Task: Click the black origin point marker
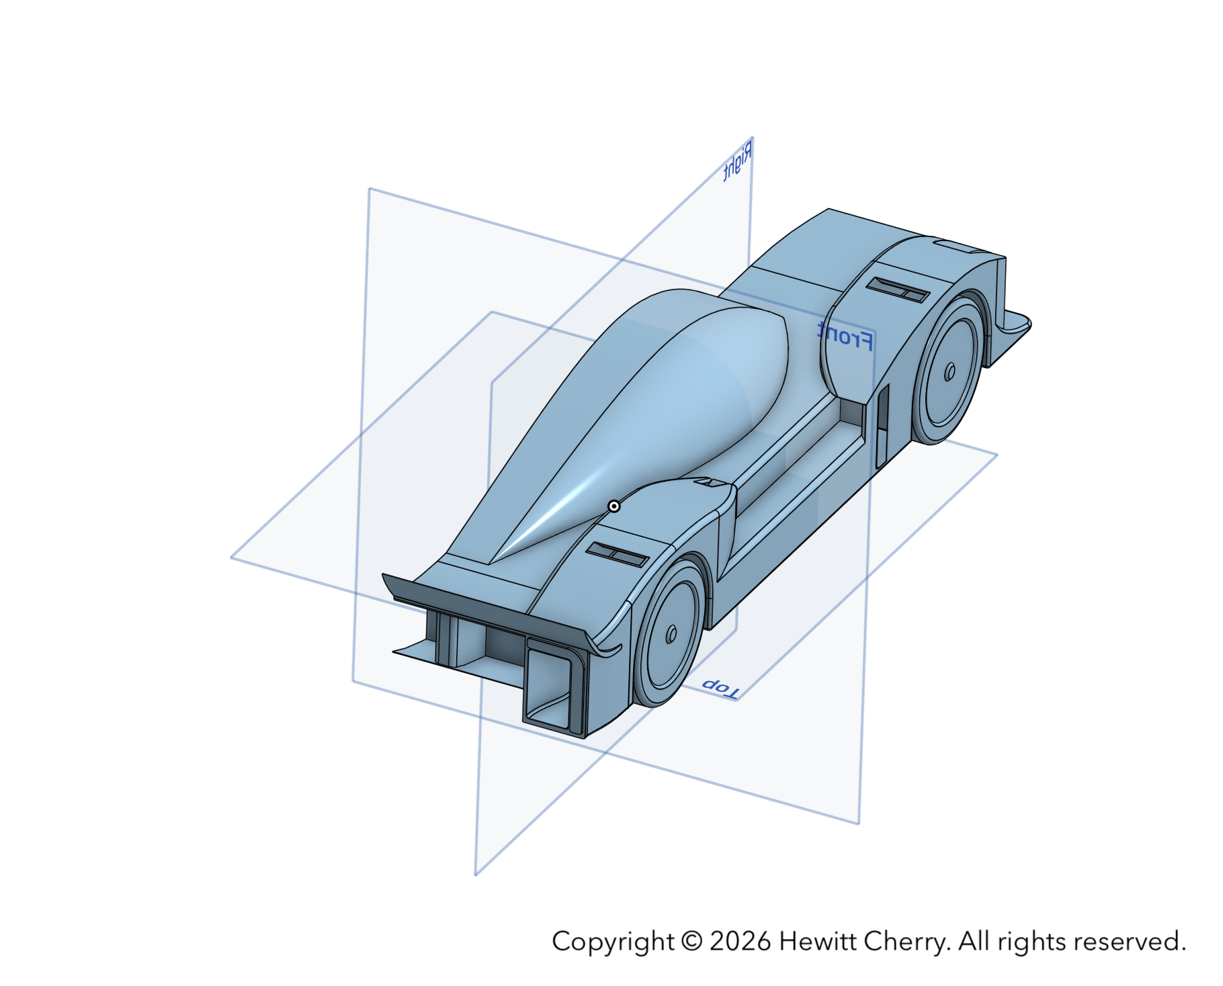(x=614, y=506)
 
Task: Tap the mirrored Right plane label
(x=738, y=162)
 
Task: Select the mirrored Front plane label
(x=845, y=336)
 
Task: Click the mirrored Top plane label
(x=720, y=688)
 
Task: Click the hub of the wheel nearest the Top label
(x=671, y=634)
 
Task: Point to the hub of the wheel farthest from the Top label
(x=950, y=371)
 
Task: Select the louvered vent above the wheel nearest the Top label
(x=617, y=554)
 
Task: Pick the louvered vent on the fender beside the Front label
(x=897, y=289)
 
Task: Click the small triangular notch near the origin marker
(x=706, y=482)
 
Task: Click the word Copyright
(x=612, y=942)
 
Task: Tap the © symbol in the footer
(x=691, y=941)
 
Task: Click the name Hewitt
(x=817, y=941)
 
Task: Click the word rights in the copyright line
(x=1032, y=942)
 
